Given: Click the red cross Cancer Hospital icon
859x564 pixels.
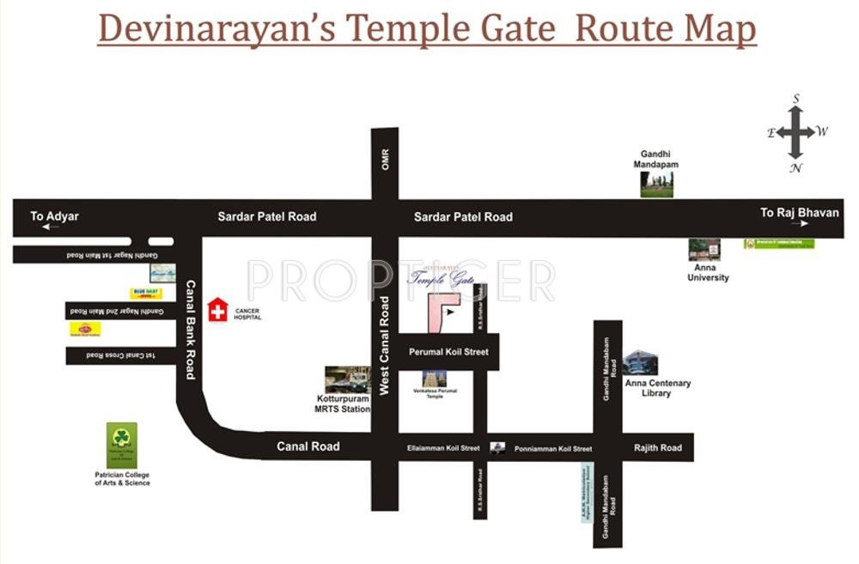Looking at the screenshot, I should click(x=218, y=310).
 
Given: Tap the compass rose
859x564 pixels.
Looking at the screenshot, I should click(x=797, y=132).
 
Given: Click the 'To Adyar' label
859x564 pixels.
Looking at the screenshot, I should click(x=54, y=216).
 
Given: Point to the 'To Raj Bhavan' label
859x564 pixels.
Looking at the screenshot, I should click(x=799, y=213).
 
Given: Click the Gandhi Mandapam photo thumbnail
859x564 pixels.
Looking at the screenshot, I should click(x=656, y=184).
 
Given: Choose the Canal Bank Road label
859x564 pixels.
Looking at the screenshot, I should click(x=191, y=330).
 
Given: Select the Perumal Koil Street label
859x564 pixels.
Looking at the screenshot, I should click(x=448, y=352).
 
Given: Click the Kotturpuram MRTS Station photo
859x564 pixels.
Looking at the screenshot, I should click(x=347, y=379).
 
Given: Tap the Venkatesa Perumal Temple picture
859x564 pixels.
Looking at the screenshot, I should click(x=436, y=378).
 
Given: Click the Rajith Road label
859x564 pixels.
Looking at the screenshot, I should click(x=657, y=447).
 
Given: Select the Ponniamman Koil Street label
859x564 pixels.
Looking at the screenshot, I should click(x=553, y=449).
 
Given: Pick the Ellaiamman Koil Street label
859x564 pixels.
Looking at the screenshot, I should click(x=443, y=448).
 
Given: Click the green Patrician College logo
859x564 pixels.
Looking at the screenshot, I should click(x=122, y=445).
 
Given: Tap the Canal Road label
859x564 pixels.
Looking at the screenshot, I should click(x=308, y=446).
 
